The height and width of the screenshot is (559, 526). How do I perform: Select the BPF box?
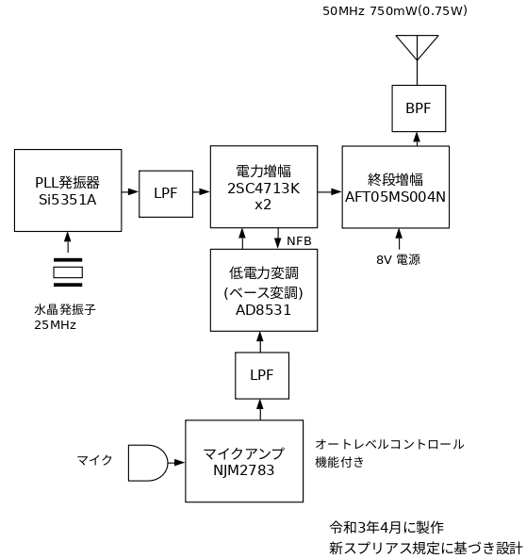pos(419,108)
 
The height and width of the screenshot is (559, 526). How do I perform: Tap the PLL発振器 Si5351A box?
pos(68,190)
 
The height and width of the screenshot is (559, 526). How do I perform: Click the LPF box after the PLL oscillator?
pos(166,194)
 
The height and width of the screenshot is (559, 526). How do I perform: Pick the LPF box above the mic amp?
pos(262,376)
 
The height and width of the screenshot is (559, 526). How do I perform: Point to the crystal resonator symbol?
pos(68,272)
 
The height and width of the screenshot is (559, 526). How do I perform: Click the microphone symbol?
pos(148,463)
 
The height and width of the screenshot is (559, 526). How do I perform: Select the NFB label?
pos(299,241)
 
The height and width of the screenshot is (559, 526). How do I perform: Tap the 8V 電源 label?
pos(398,259)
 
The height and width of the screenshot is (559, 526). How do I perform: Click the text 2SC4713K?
pos(264,189)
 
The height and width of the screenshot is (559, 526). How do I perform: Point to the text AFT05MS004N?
pos(396,197)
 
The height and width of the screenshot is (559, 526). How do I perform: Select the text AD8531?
pos(264,310)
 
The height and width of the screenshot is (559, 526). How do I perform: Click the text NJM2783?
pos(244,470)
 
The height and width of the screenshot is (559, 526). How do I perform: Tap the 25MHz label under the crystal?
pos(56,325)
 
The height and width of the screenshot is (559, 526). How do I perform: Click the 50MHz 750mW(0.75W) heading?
pos(395,11)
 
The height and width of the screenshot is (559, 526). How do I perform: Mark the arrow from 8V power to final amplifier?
pos(399,239)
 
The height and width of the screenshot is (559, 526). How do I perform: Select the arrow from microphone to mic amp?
pos(176,463)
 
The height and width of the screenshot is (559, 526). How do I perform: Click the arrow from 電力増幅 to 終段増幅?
pos(330,191)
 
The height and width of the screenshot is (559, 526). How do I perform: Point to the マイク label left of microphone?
pos(95,460)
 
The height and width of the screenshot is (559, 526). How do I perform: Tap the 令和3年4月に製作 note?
pos(386,527)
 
